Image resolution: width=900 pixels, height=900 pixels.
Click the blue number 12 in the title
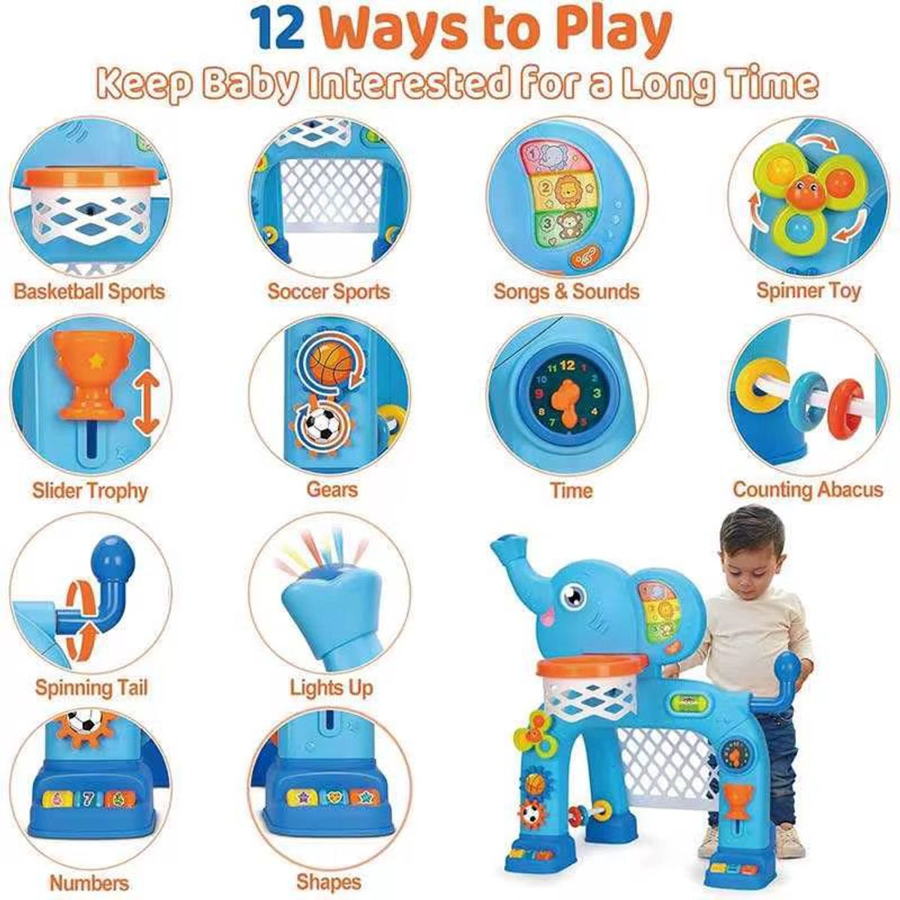pos(278,30)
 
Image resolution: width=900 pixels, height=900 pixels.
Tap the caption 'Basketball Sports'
pos(89,292)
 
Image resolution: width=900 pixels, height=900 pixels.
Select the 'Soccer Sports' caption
pos(328,292)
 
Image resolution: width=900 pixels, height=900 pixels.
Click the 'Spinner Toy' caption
pos(808,291)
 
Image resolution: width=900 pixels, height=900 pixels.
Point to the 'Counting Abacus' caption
pos(808,490)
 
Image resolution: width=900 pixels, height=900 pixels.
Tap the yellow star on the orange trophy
pos(96,360)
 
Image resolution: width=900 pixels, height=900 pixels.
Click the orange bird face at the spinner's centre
pos(802,191)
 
